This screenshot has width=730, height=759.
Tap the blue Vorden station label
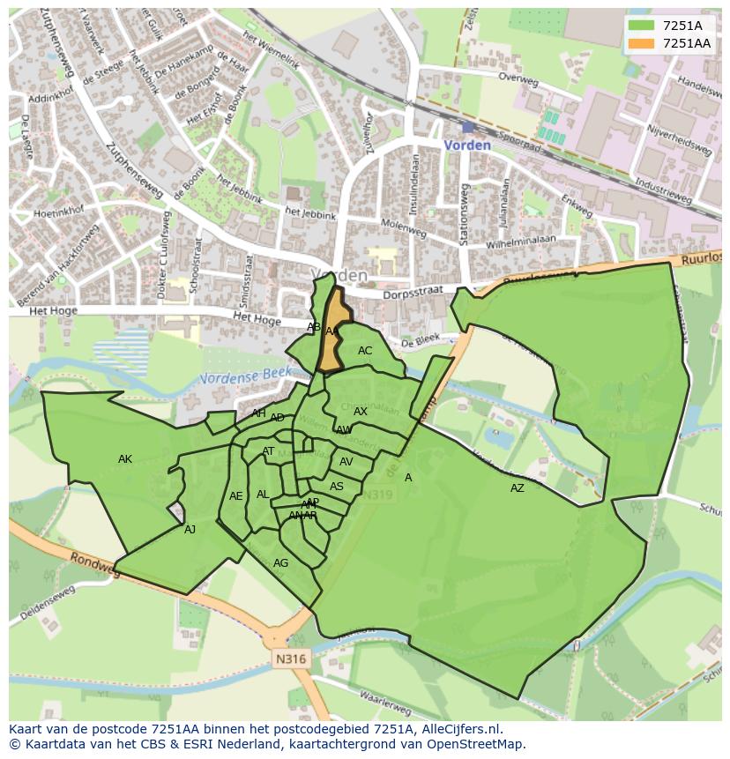tap(467, 145)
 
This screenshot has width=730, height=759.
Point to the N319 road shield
tap(377, 495)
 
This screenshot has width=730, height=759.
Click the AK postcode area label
tap(125, 459)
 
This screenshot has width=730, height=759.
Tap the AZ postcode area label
tap(518, 488)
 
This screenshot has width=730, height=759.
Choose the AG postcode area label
tap(281, 563)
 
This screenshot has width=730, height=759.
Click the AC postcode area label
tap(365, 351)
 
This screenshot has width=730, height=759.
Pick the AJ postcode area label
tap(190, 530)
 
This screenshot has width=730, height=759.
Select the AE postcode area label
tap(235, 496)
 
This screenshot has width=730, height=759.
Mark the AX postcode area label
tap(361, 412)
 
